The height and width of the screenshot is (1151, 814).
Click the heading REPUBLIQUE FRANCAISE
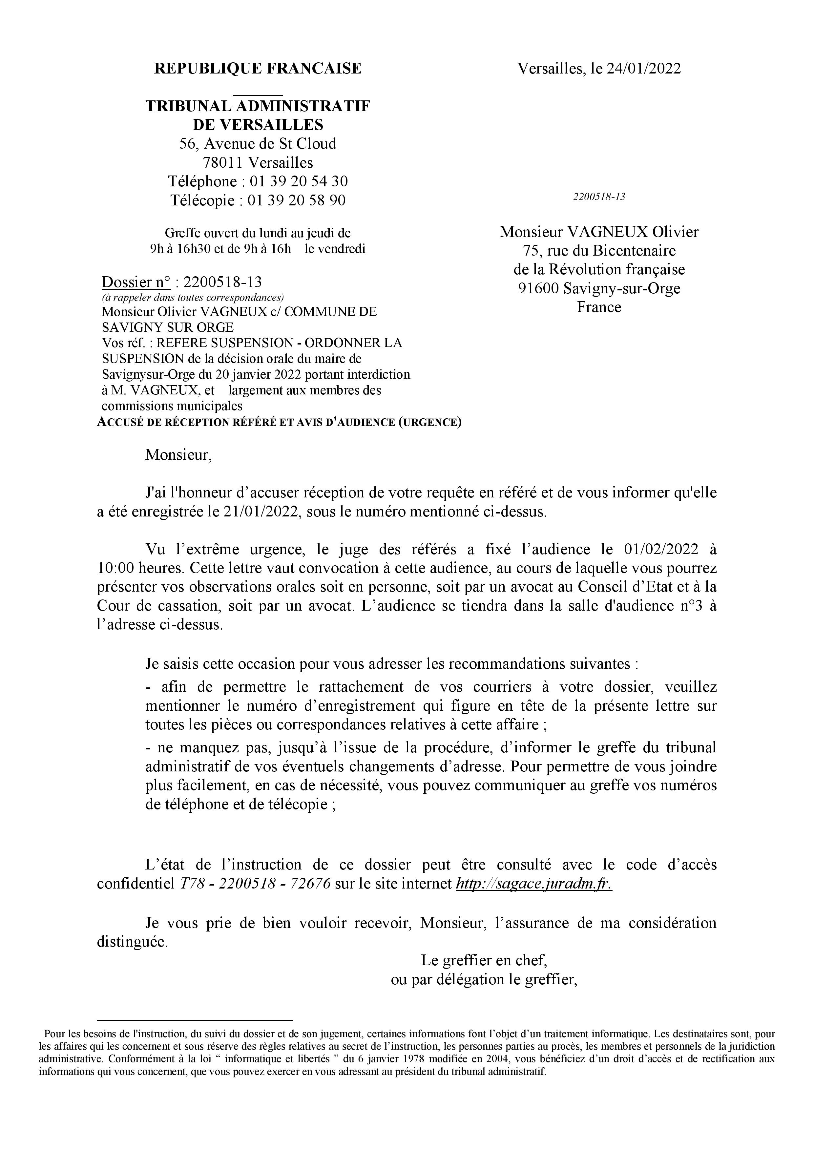tap(258, 68)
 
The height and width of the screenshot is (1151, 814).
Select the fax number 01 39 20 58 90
tap(297, 200)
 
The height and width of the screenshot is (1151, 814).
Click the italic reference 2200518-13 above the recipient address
tap(599, 197)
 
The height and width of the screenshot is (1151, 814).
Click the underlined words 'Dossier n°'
tap(136, 282)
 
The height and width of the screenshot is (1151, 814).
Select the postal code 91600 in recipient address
tap(538, 288)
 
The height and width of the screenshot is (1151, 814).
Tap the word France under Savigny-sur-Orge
tap(599, 307)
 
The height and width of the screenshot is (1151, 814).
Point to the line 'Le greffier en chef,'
tap(484, 960)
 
